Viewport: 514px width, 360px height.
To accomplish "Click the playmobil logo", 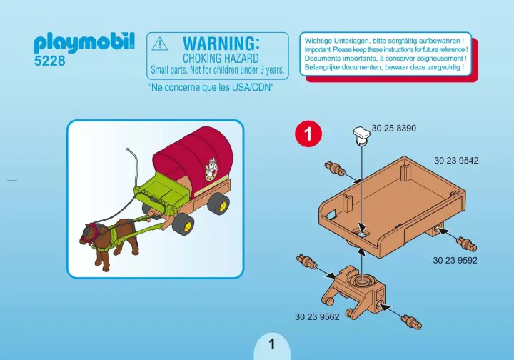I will pyautogui.click(x=84, y=43).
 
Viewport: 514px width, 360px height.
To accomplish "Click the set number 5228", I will pyautogui.click(x=50, y=61).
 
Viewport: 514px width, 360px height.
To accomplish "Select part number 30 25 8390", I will pyautogui.click(x=394, y=129).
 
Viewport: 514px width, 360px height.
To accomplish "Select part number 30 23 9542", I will pyautogui.click(x=456, y=161).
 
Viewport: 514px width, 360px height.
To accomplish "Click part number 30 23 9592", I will pyautogui.click(x=455, y=261).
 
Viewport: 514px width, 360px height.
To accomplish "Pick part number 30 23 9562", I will pyautogui.click(x=316, y=316).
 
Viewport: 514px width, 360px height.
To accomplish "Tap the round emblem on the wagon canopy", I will pyautogui.click(x=212, y=169).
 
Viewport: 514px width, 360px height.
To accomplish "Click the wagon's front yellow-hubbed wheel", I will pyautogui.click(x=183, y=224).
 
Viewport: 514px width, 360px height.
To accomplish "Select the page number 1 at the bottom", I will pyautogui.click(x=272, y=344).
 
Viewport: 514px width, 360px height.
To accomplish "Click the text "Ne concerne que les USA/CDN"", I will pyautogui.click(x=211, y=86).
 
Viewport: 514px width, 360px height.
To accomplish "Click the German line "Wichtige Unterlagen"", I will pyautogui.click(x=385, y=41).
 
